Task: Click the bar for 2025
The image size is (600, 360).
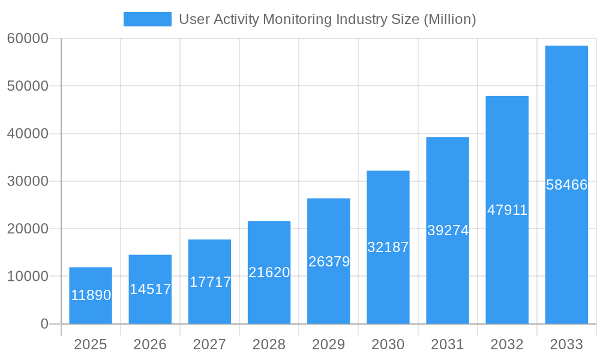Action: [x=90, y=295]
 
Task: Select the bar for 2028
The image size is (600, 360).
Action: [x=269, y=272]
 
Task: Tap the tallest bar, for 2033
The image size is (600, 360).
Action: [x=566, y=185]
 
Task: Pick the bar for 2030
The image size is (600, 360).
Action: [x=388, y=247]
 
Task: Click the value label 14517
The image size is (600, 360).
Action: [x=150, y=289]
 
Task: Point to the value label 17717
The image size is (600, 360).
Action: [x=210, y=282]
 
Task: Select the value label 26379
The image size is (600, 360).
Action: [x=329, y=262]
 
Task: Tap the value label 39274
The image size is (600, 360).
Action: [x=448, y=230]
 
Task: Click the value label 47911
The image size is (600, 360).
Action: [x=507, y=210]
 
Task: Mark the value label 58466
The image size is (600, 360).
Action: [x=566, y=185]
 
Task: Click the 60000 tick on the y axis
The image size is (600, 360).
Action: [x=27, y=38]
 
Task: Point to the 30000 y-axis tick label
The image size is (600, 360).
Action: [x=27, y=181]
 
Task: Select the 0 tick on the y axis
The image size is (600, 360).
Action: [x=44, y=324]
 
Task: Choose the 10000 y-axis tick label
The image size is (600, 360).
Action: [x=27, y=277]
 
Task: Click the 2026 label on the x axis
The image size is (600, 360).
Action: [x=150, y=344]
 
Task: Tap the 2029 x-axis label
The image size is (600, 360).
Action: [x=329, y=344]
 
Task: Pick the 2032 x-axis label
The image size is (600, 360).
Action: [x=507, y=344]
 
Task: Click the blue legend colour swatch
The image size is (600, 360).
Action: [x=147, y=19]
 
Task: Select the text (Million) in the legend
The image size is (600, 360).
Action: [x=449, y=19]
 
